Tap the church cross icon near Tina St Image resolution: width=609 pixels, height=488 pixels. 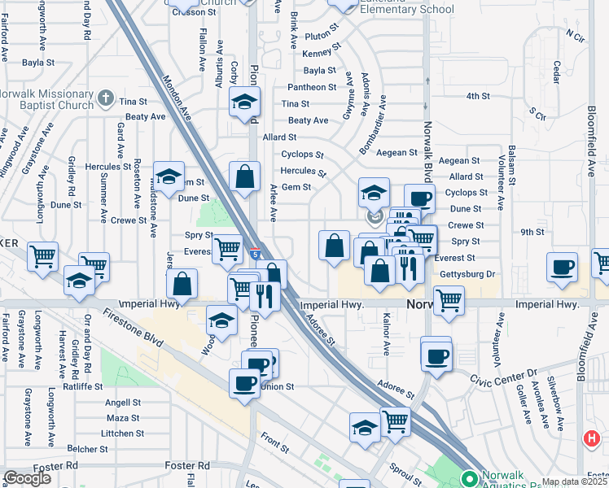(105, 99)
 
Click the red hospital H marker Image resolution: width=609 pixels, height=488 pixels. (592, 439)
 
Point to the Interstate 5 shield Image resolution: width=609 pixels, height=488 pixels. (255, 255)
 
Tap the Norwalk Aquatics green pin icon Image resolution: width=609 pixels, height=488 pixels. (469, 478)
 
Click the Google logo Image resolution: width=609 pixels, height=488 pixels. (27, 478)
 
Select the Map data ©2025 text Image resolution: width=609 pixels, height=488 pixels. (574, 481)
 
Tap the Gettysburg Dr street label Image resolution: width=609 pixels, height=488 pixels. (467, 273)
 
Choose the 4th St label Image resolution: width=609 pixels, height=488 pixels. (477, 96)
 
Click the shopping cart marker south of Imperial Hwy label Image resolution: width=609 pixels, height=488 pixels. (449, 300)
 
